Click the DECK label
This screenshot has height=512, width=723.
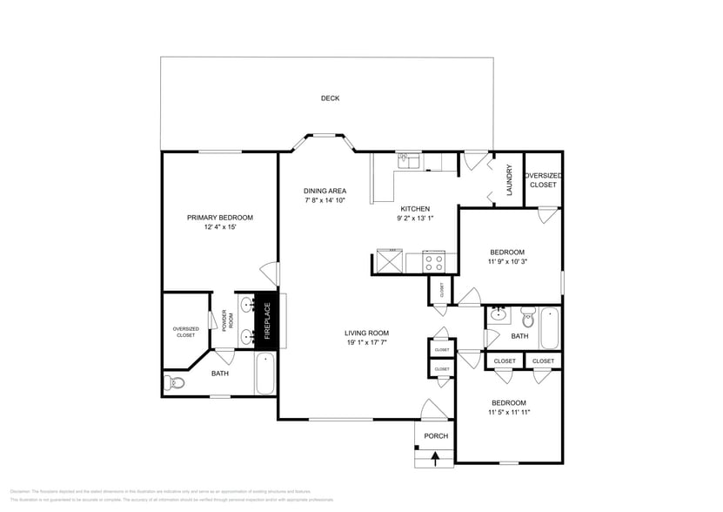[x=330, y=98]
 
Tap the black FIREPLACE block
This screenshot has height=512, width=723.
[x=268, y=320]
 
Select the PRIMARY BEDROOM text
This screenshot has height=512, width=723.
[x=220, y=217]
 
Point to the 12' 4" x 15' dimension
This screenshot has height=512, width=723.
[x=220, y=227]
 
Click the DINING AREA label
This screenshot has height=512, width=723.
[x=325, y=191]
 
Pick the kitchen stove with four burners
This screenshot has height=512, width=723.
[x=433, y=262]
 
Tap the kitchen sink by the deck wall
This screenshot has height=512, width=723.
[x=408, y=161]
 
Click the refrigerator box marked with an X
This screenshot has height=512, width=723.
[x=389, y=262]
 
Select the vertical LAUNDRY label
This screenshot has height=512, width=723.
[x=510, y=180]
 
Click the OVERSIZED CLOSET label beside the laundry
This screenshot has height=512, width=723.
[x=543, y=180]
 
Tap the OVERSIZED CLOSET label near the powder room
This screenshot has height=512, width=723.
[x=185, y=332]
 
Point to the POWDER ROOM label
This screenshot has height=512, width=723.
[x=224, y=320]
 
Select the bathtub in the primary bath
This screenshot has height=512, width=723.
[x=264, y=374]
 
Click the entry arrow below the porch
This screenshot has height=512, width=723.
[x=436, y=458]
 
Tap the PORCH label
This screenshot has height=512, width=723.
[x=436, y=436]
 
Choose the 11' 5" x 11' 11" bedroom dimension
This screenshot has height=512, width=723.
[x=508, y=413]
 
